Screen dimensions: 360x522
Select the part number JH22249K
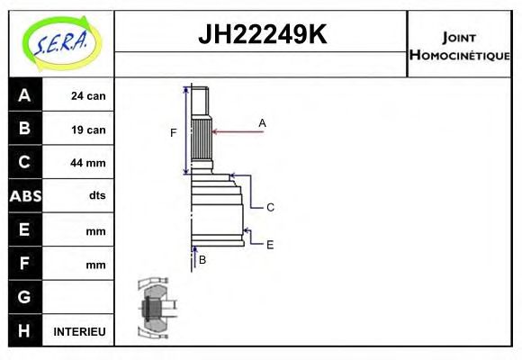(261, 35)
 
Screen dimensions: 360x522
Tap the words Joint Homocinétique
(459, 45)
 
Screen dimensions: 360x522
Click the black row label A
(24, 95)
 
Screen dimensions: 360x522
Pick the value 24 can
(88, 95)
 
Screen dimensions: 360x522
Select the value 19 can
(88, 130)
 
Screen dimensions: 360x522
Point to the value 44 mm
(88, 163)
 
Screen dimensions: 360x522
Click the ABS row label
(24, 196)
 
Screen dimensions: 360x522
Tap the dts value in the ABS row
(96, 196)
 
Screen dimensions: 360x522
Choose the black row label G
(24, 297)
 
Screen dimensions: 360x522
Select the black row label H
(24, 331)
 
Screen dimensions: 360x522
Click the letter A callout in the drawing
(262, 122)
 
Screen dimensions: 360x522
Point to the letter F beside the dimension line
(174, 133)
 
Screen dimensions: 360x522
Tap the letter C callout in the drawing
(269, 207)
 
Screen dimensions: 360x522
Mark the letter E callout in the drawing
(269, 244)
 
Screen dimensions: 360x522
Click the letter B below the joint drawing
(202, 260)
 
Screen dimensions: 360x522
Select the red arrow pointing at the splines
(238, 132)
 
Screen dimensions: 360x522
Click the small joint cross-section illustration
(154, 307)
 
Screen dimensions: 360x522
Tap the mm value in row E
(95, 230)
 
